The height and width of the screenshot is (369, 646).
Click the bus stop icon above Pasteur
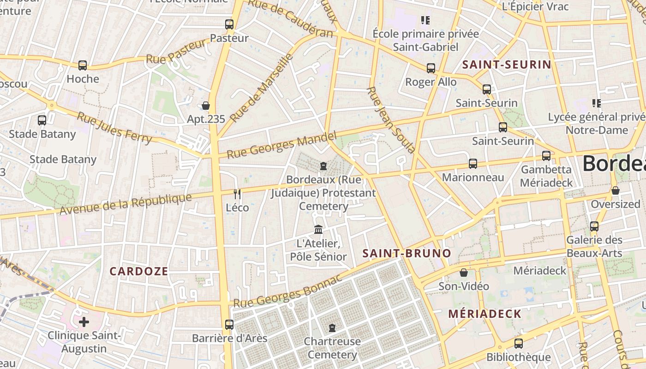pos(229,24)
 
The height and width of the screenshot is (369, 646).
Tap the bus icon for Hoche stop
pos(83,65)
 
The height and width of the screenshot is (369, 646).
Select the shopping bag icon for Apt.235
pos(206,106)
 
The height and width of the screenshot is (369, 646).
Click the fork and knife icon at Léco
pos(237,194)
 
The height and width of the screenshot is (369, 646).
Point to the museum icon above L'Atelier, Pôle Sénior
pos(318,229)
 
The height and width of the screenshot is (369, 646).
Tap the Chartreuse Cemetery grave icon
pos(332,328)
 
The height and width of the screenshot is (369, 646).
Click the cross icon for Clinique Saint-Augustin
pos(84,321)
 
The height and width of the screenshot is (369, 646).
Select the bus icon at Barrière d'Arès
pos(229,324)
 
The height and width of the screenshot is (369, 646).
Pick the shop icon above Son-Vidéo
pos(464,273)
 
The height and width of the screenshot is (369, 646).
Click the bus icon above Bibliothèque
pos(519,344)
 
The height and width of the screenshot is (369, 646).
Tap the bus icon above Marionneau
pos(473,164)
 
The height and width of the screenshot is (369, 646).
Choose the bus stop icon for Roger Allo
pos(431,68)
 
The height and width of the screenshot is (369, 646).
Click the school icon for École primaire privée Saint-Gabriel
pos(425,20)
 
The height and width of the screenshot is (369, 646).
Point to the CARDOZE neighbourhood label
pos(139,271)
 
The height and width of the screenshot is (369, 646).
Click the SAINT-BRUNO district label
pos(407,253)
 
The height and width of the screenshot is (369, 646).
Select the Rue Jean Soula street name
pos(390,119)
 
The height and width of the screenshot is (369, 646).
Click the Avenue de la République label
pos(126,204)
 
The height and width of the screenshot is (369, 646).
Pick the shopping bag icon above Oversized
pos(615,190)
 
